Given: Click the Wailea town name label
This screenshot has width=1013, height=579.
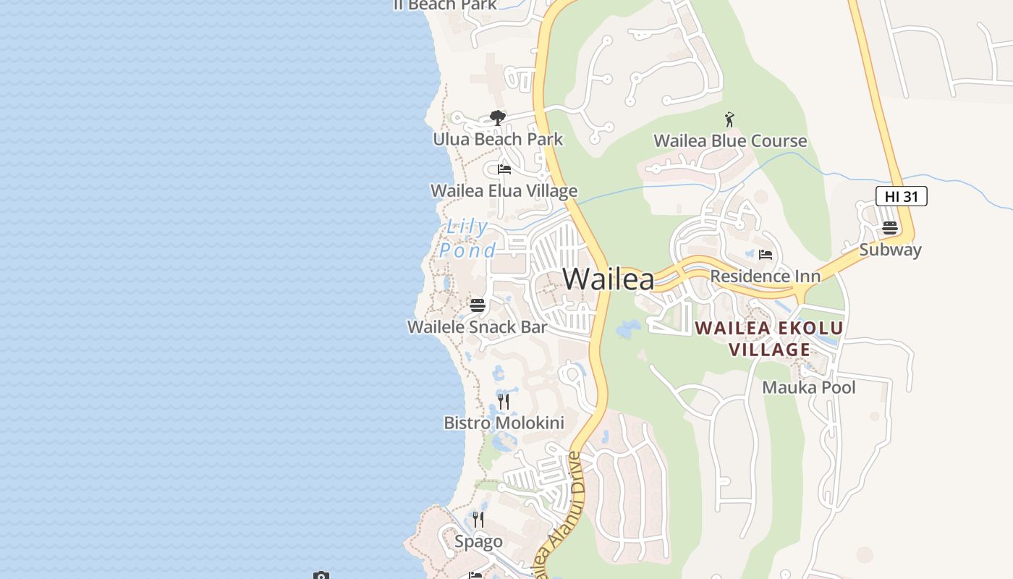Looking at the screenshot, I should [608, 279].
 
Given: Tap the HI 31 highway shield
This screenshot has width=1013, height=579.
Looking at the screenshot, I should [901, 196].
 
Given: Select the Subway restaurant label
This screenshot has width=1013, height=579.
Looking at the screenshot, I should [890, 250].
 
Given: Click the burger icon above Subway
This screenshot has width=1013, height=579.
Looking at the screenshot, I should [890, 228].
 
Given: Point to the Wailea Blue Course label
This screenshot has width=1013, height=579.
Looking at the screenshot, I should [730, 141].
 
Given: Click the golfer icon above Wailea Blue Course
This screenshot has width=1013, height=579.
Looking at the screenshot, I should [729, 119].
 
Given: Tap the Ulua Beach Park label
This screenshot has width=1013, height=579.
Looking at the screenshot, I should [498, 139].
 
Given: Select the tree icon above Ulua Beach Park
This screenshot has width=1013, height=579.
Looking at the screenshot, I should [497, 117].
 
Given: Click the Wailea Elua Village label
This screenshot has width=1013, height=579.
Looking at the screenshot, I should [504, 191].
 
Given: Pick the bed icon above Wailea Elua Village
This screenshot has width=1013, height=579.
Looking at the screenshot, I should [504, 169].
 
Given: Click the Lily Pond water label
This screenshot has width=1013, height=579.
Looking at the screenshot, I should [467, 238].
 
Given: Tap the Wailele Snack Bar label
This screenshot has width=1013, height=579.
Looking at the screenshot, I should [477, 327].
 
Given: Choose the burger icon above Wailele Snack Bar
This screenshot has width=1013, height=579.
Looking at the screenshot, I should [477, 305].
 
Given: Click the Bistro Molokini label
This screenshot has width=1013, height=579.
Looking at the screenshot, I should [504, 423].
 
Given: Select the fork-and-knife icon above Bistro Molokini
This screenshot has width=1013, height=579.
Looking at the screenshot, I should [504, 402].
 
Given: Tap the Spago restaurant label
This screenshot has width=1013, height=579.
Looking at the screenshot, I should [478, 542].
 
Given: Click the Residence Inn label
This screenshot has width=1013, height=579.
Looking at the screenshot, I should [765, 276].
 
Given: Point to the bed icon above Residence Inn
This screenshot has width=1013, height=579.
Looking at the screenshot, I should [766, 255].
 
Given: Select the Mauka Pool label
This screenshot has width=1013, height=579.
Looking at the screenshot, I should [808, 388].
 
